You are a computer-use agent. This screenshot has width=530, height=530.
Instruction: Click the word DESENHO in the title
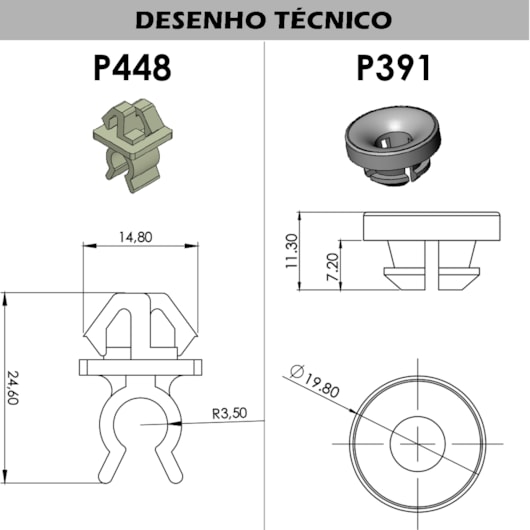click(x=199, y=20)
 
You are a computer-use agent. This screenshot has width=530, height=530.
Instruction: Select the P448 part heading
click(x=132, y=68)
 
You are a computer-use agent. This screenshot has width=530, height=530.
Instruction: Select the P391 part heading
click(x=394, y=68)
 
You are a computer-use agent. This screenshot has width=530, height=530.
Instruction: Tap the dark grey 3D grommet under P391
click(x=395, y=145)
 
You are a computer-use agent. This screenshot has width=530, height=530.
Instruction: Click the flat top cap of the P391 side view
click(x=432, y=226)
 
